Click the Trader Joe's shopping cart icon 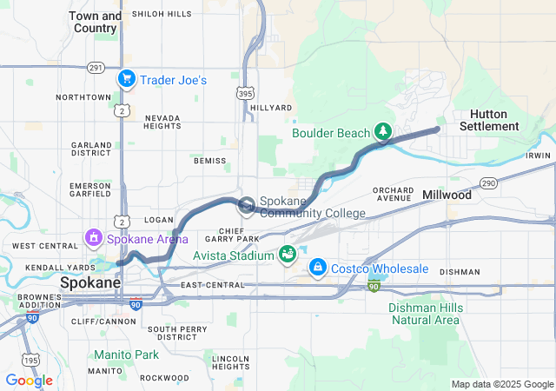point(127,79)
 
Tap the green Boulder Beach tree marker point(382,132)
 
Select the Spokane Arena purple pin point(93,236)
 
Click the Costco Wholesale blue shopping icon point(318,266)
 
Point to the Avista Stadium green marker point(287,254)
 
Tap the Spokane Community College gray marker point(246,206)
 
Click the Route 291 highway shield point(96,67)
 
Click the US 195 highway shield point(32,360)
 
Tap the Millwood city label point(447,195)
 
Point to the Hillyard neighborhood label point(272,108)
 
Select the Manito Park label point(126,355)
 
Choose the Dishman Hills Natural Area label point(423,314)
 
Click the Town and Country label point(95,22)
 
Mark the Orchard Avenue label point(393,193)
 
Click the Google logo point(29,381)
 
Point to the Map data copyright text point(501,384)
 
